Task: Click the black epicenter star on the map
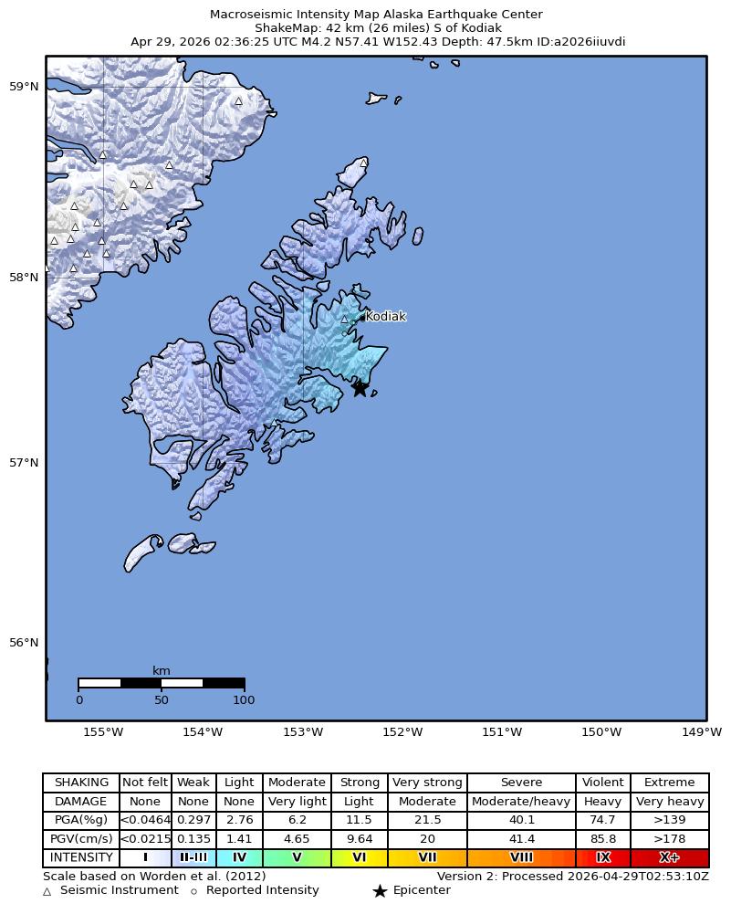360,388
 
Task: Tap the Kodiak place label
385,317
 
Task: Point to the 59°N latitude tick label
24,87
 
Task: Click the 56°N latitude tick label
24,643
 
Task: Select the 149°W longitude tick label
702,731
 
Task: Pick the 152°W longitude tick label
402,731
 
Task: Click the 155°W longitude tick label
103,731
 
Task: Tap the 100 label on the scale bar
244,700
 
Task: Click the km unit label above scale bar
162,671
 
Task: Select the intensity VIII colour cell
521,857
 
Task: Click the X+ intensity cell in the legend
669,857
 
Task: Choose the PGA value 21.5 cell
427,820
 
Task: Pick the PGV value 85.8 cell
602,838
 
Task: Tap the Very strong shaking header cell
427,783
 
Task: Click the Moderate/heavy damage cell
521,802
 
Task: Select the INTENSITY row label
81,857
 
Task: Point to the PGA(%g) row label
81,820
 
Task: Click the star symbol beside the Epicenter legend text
380,891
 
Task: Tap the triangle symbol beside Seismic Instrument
47,891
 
